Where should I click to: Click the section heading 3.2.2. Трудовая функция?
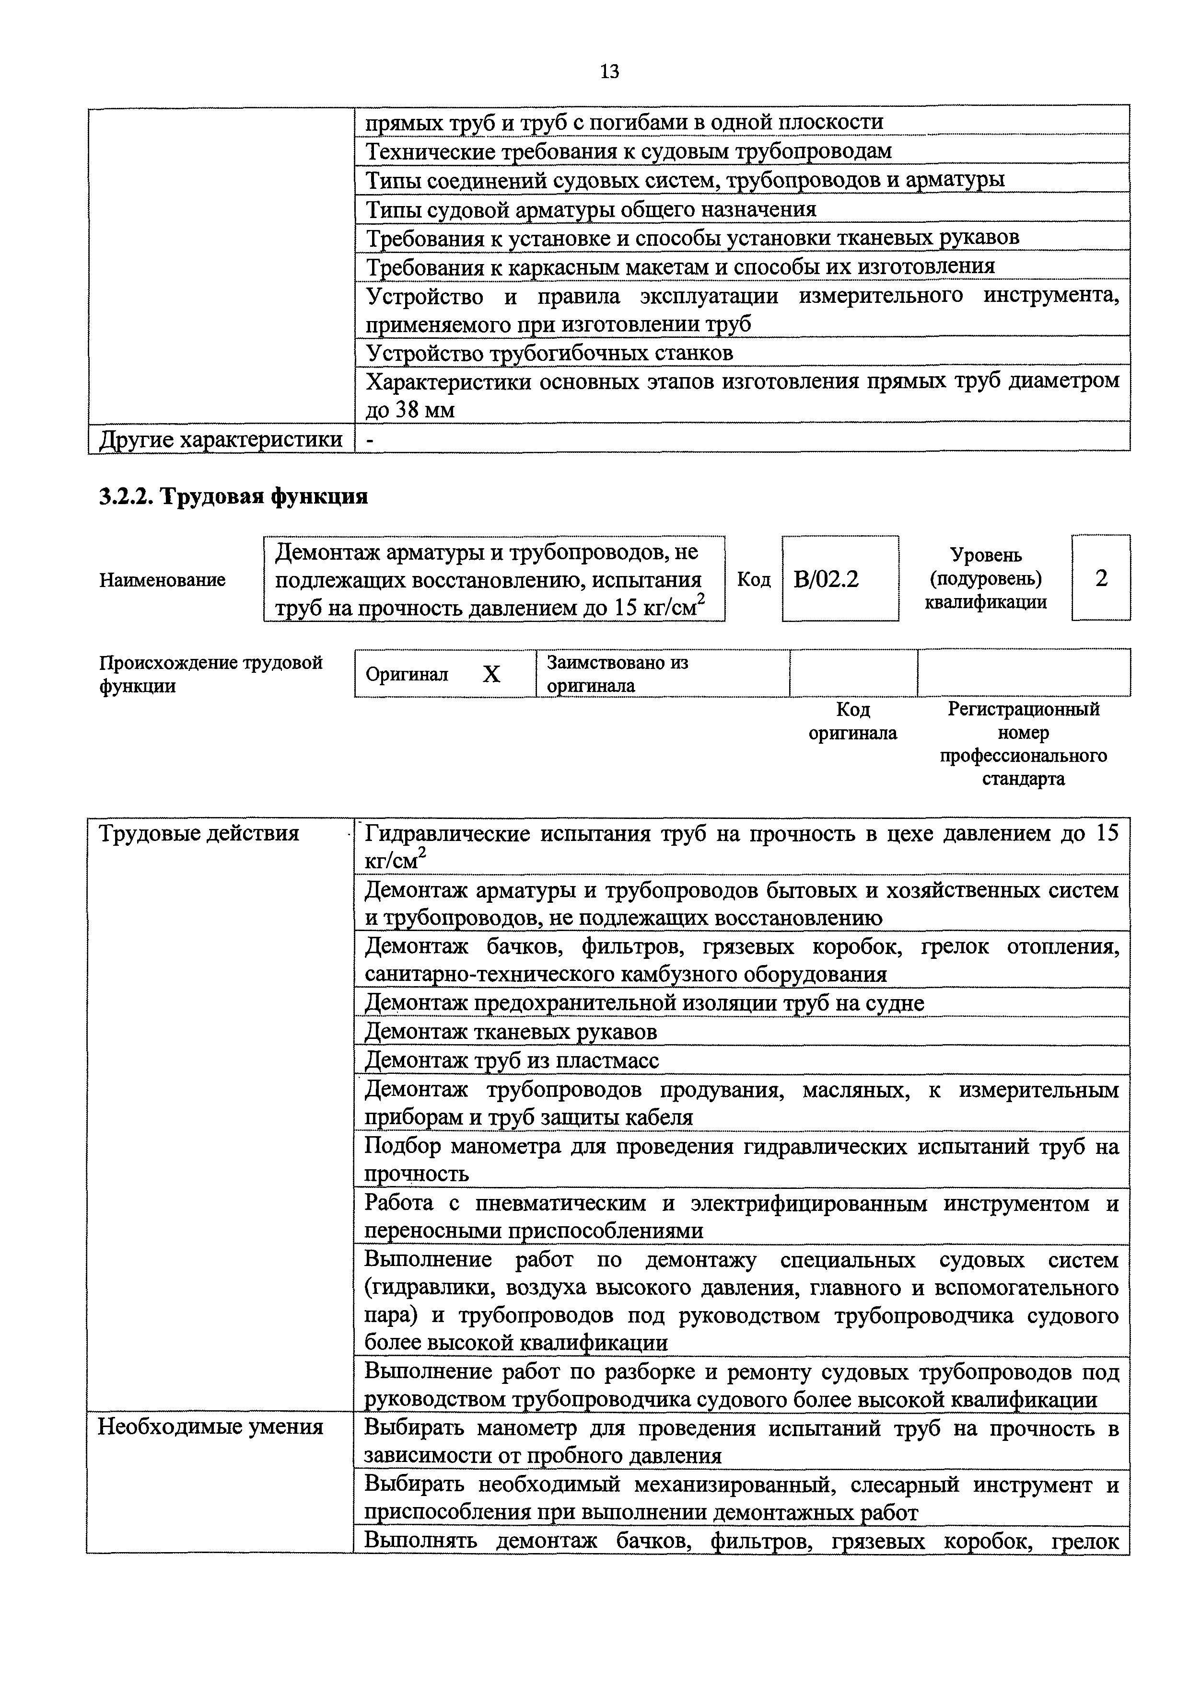233,496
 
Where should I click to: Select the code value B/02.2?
827,579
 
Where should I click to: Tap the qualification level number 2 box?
1101,578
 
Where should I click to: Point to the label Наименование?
162,580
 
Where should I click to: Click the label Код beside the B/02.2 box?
754,580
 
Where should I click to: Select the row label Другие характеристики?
221,439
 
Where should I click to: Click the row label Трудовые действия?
199,833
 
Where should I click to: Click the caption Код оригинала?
853,721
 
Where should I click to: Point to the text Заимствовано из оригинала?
617,674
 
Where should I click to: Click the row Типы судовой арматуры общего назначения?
591,210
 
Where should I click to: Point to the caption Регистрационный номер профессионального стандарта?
1024,744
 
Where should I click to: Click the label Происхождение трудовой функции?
210,674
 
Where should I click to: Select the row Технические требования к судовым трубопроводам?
629,151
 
